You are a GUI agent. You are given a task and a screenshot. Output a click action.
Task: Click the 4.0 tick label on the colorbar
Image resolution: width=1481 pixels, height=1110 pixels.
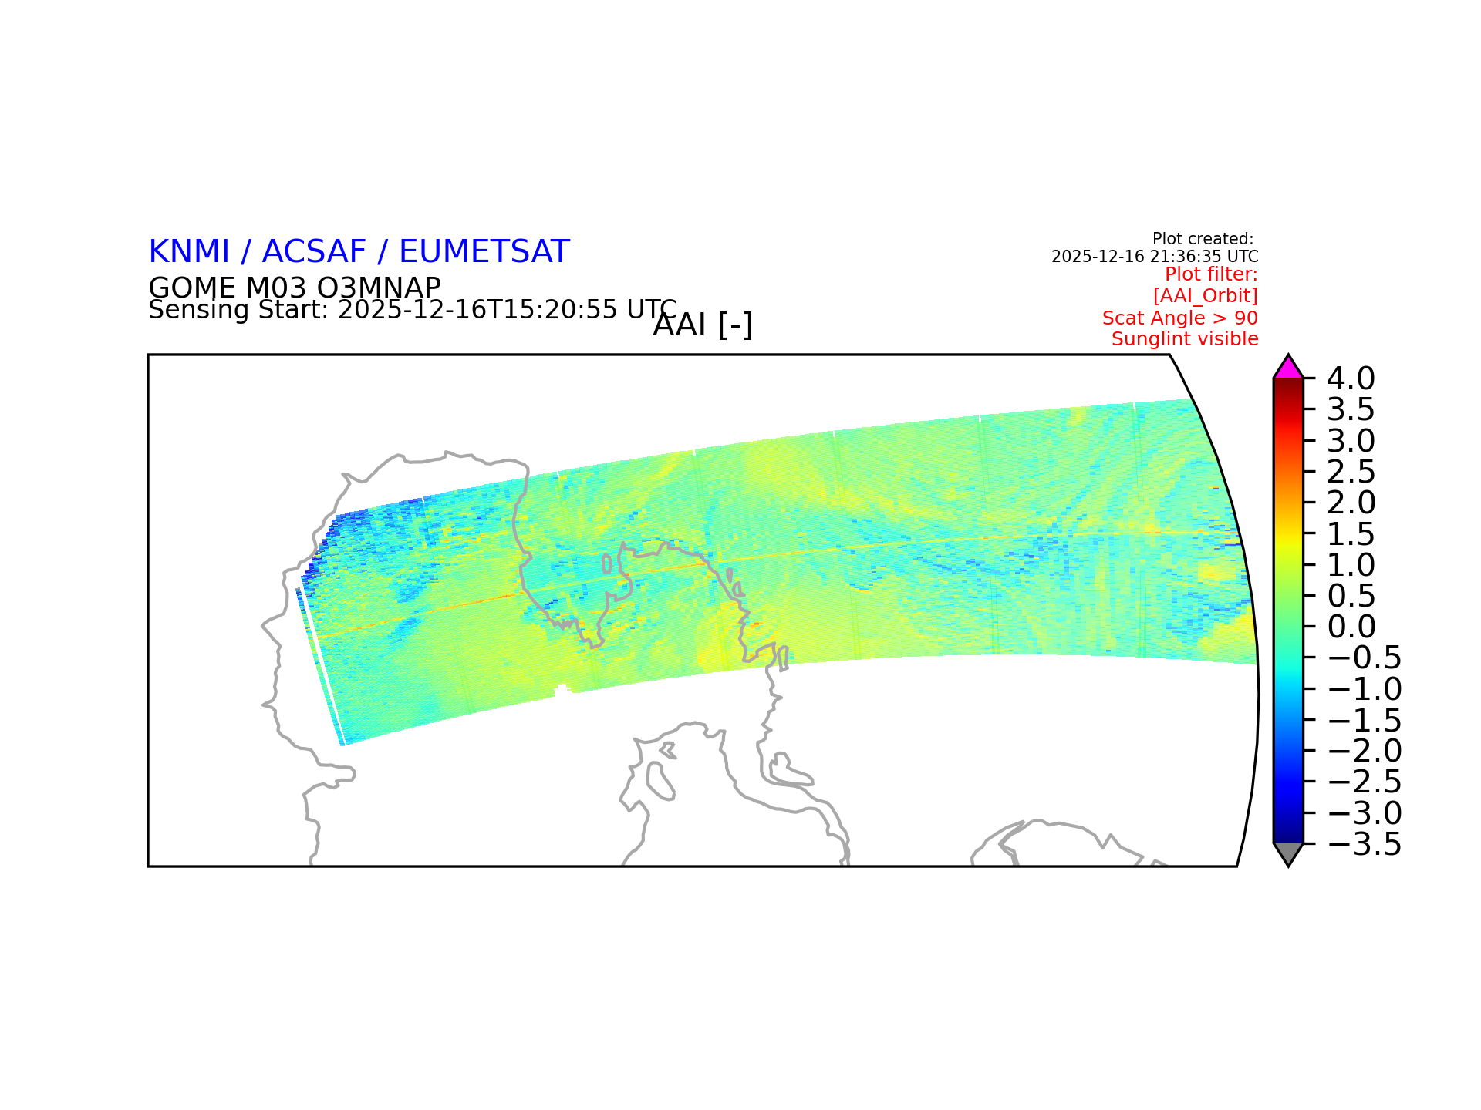point(1351,378)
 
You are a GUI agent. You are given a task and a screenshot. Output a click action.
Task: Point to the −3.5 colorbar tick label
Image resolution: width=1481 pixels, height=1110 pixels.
point(1365,844)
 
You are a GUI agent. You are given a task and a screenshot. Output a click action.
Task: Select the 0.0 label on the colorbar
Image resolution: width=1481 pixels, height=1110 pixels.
point(1351,627)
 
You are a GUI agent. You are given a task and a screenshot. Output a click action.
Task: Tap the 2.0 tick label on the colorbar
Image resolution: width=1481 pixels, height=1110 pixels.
point(1351,503)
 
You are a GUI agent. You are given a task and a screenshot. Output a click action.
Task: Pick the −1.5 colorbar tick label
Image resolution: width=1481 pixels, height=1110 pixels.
point(1365,720)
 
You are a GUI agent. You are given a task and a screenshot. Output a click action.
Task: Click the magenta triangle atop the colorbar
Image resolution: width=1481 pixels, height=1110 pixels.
point(1288,368)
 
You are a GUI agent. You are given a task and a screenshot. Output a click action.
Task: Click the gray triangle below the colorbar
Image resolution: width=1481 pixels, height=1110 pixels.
point(1288,853)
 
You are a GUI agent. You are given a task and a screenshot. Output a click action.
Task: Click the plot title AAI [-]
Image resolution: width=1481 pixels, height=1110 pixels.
point(703,325)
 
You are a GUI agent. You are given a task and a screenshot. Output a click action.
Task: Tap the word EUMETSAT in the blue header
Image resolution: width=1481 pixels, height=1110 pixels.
point(484,252)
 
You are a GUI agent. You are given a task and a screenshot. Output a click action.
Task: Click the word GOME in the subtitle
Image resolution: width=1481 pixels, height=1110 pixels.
point(192,288)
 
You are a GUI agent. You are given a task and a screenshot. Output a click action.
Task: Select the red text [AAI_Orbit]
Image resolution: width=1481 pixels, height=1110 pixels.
point(1206,296)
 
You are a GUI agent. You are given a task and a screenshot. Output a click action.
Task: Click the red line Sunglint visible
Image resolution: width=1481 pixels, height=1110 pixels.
point(1185,339)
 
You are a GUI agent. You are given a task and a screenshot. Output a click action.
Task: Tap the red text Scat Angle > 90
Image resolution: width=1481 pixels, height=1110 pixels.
point(1180,318)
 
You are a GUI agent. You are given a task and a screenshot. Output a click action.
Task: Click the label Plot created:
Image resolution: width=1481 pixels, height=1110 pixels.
point(1203,239)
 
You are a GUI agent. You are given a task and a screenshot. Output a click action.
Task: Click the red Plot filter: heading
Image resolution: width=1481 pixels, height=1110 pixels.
point(1211,274)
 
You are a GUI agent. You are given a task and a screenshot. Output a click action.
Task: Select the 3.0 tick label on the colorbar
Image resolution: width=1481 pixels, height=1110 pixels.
point(1351,441)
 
